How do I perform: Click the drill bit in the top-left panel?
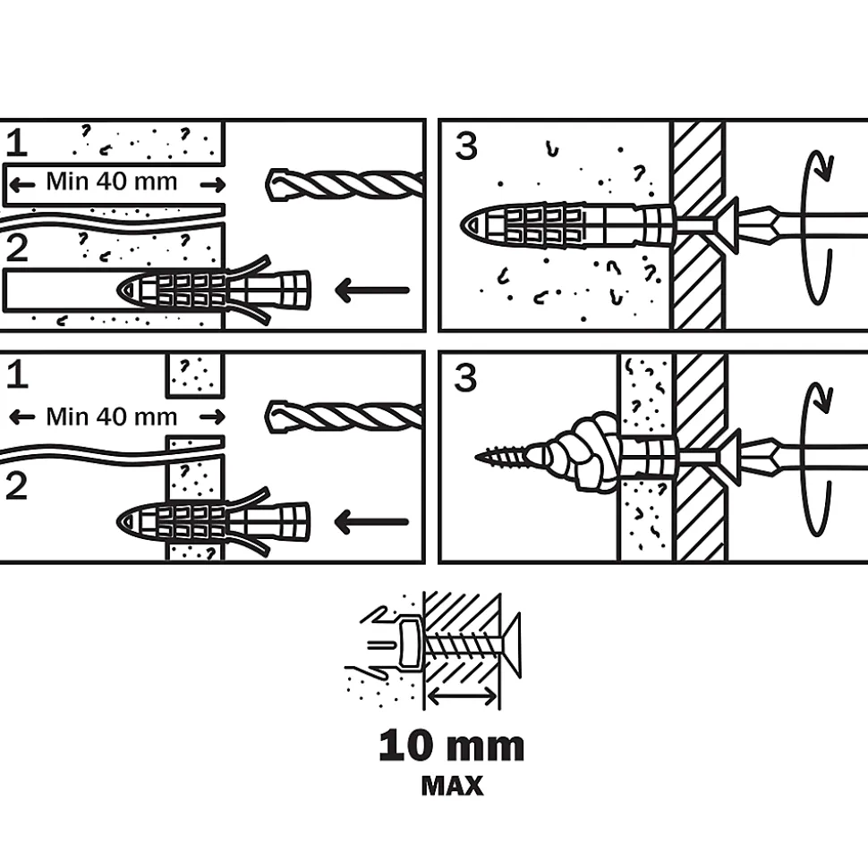point(345,184)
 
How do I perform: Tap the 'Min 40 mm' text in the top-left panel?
point(112,181)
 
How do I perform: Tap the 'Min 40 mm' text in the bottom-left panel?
point(112,417)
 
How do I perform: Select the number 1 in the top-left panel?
point(17,142)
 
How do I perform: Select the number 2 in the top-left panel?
point(17,249)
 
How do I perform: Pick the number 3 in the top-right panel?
point(466,147)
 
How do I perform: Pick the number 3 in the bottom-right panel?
point(465,379)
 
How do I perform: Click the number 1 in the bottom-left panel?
point(17,375)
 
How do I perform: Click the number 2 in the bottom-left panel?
point(17,486)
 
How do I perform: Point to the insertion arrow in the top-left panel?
point(372,290)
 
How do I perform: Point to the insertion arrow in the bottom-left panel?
point(372,522)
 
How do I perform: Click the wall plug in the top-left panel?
point(213,290)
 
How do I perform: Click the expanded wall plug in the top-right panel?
point(568,226)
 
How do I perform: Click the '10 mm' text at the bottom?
point(452,746)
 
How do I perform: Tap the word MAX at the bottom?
point(452,786)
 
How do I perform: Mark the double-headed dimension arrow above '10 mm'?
point(463,697)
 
